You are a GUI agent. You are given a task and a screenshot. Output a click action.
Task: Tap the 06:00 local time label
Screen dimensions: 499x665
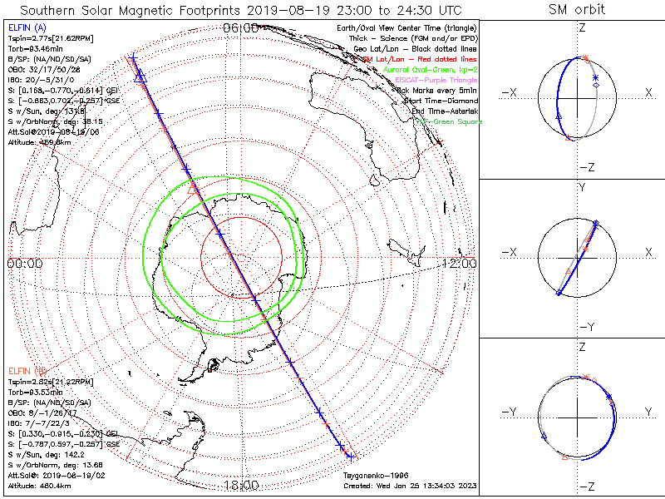(240, 28)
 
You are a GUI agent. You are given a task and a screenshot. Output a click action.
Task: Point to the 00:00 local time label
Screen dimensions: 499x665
(24, 264)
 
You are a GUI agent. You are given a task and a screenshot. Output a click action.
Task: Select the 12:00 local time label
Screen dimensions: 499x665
(459, 264)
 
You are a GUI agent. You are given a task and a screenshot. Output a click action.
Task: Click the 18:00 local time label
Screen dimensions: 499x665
(240, 485)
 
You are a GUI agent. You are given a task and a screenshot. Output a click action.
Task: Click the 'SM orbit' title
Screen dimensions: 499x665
(577, 10)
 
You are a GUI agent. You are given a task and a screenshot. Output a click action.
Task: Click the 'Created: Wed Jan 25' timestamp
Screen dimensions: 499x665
(411, 485)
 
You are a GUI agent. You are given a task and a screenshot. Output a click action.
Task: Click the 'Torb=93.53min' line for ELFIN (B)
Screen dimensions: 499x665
(35, 391)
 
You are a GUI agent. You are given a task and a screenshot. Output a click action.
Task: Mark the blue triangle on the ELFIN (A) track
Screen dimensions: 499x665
(140, 78)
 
